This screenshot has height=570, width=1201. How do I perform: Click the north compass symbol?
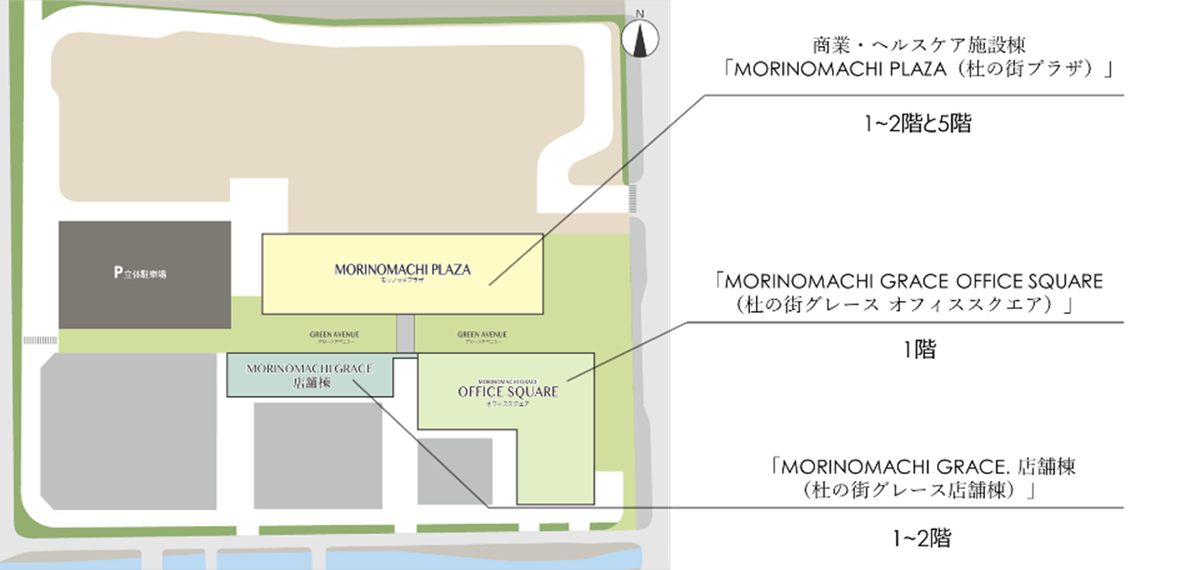tap(639, 38)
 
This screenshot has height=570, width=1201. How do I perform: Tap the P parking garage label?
tap(140, 274)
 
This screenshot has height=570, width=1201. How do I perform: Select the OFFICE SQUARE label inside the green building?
tap(508, 392)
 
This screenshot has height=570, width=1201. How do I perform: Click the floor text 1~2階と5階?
tap(916, 124)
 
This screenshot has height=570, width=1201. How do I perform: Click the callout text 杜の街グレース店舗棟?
tap(915, 488)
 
